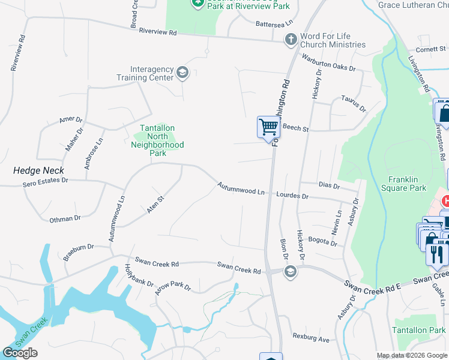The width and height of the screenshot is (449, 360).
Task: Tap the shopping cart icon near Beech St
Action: click(x=268, y=127)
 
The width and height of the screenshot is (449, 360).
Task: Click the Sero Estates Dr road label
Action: click(x=46, y=180)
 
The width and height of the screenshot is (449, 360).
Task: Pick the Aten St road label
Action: click(x=155, y=204)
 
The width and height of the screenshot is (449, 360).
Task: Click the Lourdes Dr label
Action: click(x=292, y=196)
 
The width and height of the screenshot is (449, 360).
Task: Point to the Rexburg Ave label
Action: click(x=311, y=339)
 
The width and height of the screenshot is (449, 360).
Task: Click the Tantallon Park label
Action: click(x=419, y=331)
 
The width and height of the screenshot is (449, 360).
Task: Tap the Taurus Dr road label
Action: click(x=354, y=103)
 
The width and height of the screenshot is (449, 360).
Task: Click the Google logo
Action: click(x=20, y=353)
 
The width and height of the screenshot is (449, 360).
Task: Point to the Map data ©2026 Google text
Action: click(x=412, y=356)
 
